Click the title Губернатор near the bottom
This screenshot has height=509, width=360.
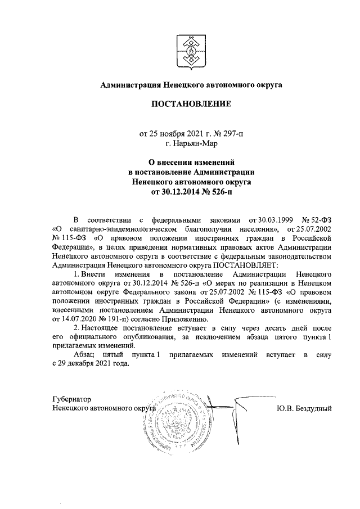click(x=71, y=399)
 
